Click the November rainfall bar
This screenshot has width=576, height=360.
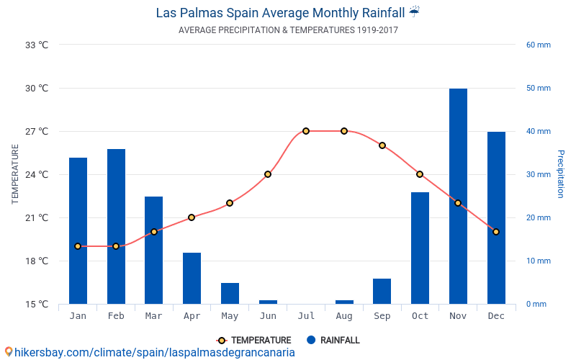coord(458,196)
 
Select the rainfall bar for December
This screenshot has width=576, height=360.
coord(496,217)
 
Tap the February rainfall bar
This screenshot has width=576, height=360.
coord(116,226)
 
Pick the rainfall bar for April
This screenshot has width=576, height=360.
coord(192,278)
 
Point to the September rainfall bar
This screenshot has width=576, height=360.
coord(382,291)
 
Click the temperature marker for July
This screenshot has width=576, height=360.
coord(306,131)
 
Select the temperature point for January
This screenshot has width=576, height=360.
coord(78,246)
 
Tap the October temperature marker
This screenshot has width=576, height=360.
coord(420,174)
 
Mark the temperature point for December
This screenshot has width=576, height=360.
coord(496,232)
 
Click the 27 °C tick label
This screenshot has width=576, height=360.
coord(37,131)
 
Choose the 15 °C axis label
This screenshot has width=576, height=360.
coord(37,304)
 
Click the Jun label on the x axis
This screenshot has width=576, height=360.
coord(268,315)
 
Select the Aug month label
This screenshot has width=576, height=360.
coord(344,315)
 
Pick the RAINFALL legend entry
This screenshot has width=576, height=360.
coord(333,340)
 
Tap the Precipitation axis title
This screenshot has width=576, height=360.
coord(561,174)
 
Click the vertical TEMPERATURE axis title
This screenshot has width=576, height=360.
coord(15,174)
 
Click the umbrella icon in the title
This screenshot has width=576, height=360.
coord(414,12)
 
